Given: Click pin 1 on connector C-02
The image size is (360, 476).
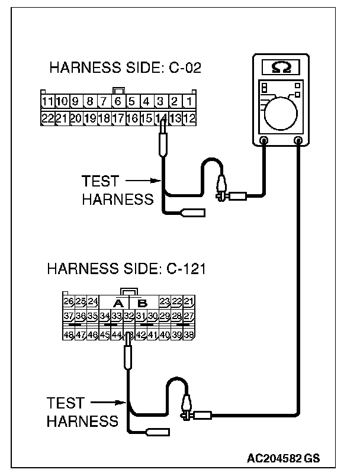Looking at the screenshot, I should pyautogui.click(x=189, y=101).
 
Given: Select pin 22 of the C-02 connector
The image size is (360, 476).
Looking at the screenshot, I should pyautogui.click(x=47, y=117).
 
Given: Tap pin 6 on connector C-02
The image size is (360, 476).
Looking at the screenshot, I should pyautogui.click(x=118, y=101).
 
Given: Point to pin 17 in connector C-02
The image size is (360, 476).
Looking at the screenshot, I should pyautogui.click(x=118, y=117).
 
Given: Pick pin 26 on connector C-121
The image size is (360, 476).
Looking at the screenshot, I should pyautogui.click(x=68, y=301).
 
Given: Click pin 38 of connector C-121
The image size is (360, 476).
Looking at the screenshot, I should pyautogui.click(x=189, y=335).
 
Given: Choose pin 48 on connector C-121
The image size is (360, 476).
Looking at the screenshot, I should pyautogui.click(x=68, y=335).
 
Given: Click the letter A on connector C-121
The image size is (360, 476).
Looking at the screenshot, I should pyautogui.click(x=118, y=304).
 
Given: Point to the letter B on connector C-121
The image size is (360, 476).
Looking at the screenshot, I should pyautogui.click(x=142, y=304).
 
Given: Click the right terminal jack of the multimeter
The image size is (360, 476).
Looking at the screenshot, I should pyautogui.click(x=299, y=141).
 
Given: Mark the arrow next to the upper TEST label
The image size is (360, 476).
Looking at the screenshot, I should pyautogui.click(x=140, y=180).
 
